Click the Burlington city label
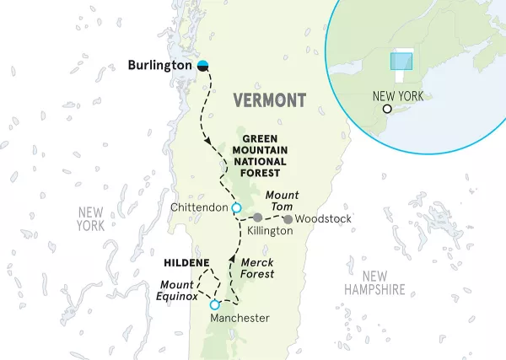pyautogui.click(x=159, y=65)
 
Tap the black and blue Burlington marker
pyautogui.click(x=203, y=65)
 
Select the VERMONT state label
pyautogui.click(x=269, y=100)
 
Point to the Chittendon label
pyautogui.click(x=199, y=207)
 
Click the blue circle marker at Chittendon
pyautogui.click(x=237, y=207)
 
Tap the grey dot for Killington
pyautogui.click(x=257, y=218)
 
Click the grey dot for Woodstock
pyautogui.click(x=288, y=220)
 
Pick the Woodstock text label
pyautogui.click(x=324, y=219)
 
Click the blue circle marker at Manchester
pyautogui.click(x=215, y=304)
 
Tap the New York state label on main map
pyautogui.click(x=89, y=219)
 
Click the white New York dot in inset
pyautogui.click(x=387, y=109)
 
